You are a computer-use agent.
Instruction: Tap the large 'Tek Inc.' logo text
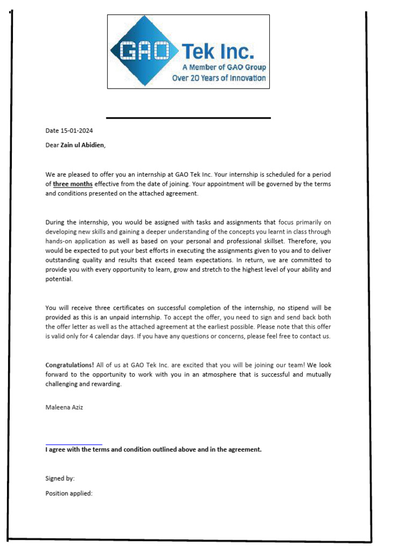pyautogui.click(x=218, y=51)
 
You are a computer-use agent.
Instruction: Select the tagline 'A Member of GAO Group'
pyautogui.click(x=224, y=68)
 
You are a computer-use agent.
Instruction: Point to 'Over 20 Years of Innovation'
pyautogui.click(x=218, y=78)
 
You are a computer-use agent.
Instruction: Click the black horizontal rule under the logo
pyautogui.click(x=188, y=118)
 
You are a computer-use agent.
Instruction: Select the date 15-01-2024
pyautogui.click(x=77, y=131)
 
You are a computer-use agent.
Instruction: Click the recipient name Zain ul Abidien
pyautogui.click(x=82, y=144)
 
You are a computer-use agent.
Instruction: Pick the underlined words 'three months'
pyautogui.click(x=72, y=184)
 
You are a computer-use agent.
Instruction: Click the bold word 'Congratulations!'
pyautogui.click(x=70, y=365)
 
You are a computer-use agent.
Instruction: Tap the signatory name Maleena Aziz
pyautogui.click(x=64, y=407)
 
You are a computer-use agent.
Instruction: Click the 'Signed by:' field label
pyautogui.click(x=60, y=477)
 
